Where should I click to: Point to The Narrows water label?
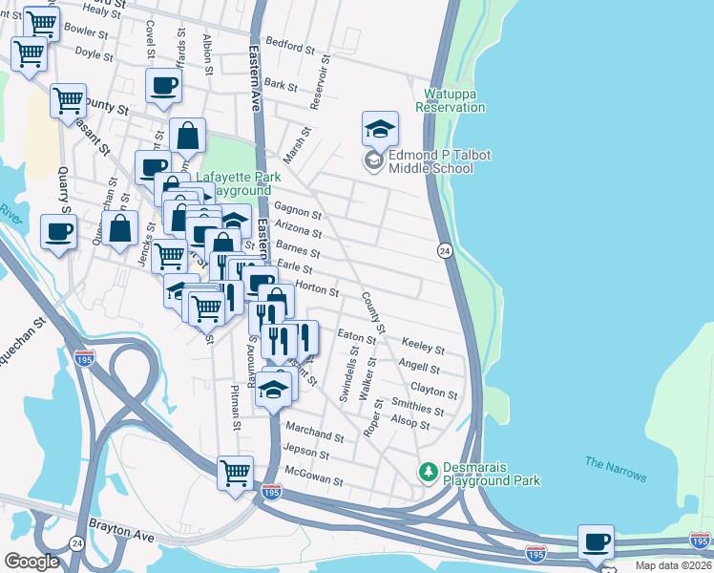click(615, 470)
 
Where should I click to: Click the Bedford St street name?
click(290, 46)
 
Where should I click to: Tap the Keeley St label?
click(424, 345)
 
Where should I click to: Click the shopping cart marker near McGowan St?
click(235, 472)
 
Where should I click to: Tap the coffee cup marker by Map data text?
click(596, 541)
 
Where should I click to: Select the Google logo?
click(31, 561)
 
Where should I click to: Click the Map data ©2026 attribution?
click(672, 565)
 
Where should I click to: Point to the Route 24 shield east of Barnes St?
click(445, 250)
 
